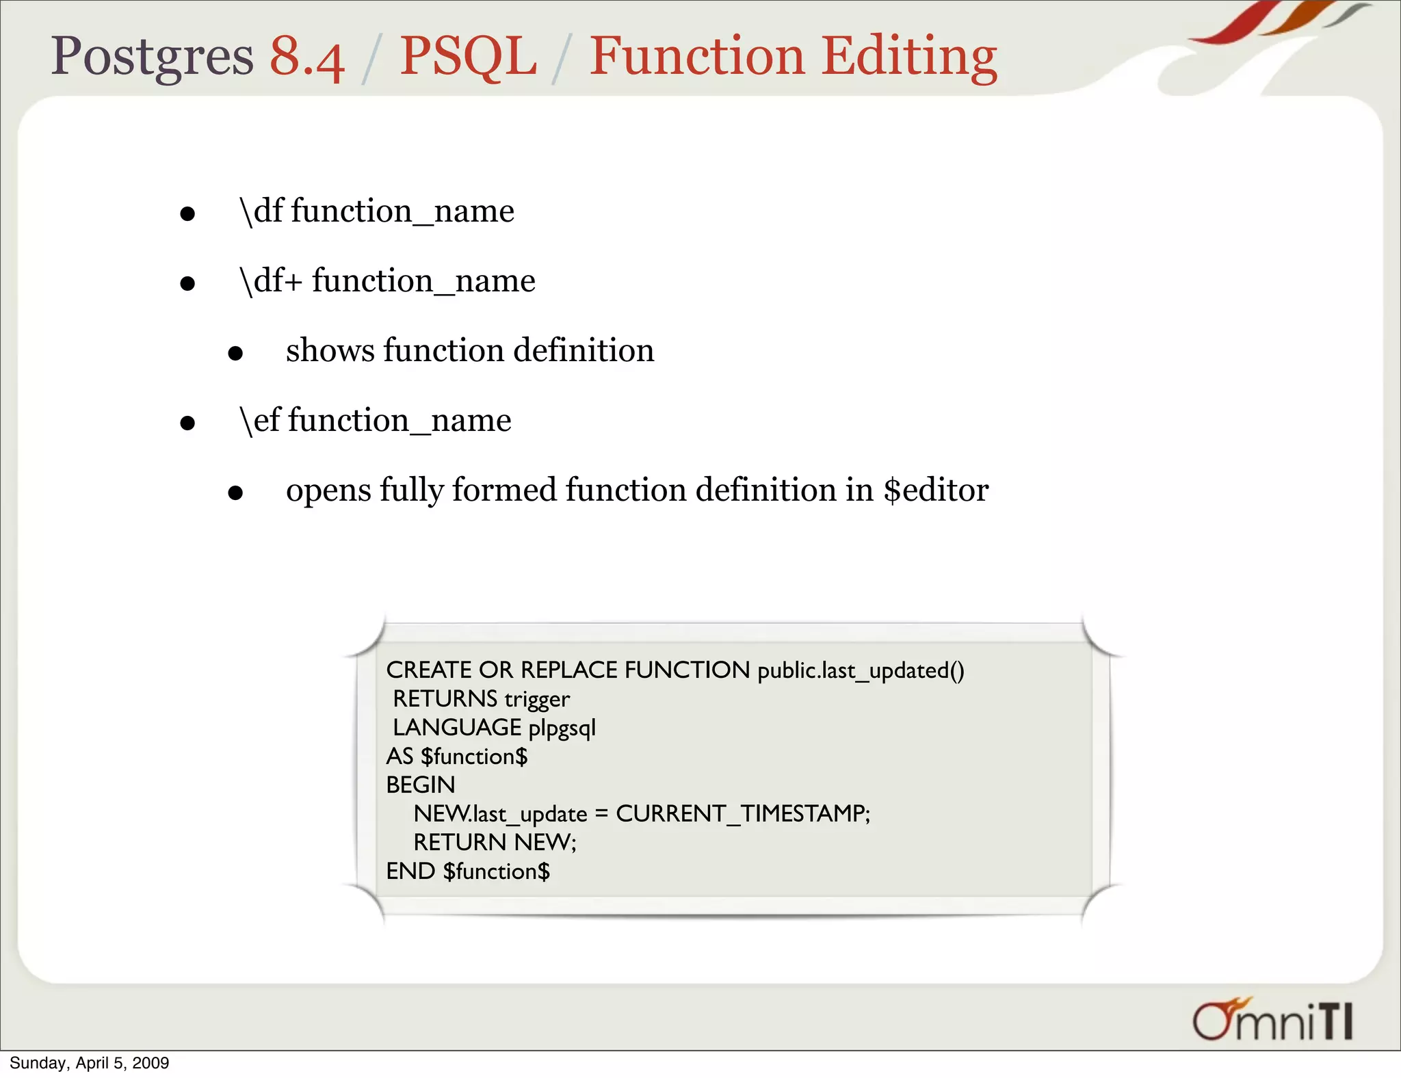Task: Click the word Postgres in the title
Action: (152, 57)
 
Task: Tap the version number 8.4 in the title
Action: (306, 57)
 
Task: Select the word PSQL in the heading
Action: (468, 57)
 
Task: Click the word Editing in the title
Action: (909, 57)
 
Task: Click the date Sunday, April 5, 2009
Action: (89, 1063)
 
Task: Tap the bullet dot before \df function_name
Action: (187, 214)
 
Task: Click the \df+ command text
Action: (271, 281)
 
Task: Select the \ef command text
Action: (259, 421)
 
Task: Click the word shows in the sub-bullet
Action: (330, 351)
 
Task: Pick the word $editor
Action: (936, 490)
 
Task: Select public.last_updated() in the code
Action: (861, 670)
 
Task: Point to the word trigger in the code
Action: (537, 699)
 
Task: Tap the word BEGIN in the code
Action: (421, 785)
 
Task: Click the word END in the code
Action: (410, 871)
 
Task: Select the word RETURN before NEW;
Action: (460, 843)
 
